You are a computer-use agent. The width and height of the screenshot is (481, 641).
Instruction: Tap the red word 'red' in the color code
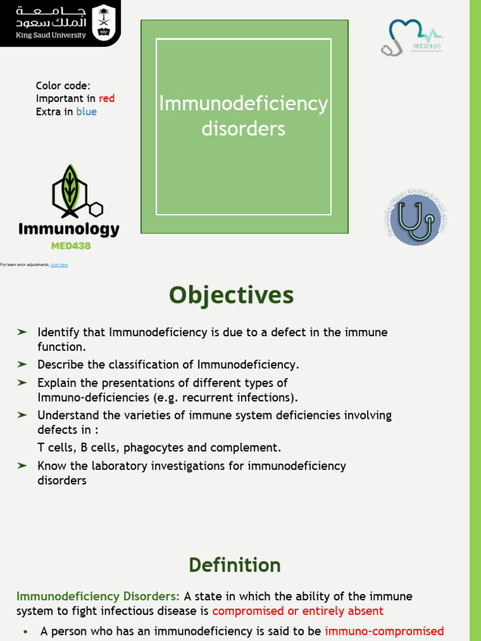106,98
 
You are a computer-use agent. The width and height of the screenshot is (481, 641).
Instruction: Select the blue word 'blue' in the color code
86,112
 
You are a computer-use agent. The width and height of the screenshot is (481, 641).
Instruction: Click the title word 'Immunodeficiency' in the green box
243,104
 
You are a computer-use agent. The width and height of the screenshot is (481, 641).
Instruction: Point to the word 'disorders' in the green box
243,129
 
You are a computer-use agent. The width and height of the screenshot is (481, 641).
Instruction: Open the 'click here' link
59,265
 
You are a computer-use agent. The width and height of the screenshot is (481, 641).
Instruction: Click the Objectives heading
231,295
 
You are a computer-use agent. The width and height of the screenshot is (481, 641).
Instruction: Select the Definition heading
235,565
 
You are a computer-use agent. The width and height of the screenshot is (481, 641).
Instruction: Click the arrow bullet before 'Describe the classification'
22,364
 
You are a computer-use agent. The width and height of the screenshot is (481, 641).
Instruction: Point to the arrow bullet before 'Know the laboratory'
22,466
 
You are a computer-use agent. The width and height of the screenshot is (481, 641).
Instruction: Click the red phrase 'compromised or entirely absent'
297,611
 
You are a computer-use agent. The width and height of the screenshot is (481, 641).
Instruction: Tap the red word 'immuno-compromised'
385,632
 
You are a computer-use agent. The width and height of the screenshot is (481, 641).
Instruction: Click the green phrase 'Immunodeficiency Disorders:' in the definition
98,597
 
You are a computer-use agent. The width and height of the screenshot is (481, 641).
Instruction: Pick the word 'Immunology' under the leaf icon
69,229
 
